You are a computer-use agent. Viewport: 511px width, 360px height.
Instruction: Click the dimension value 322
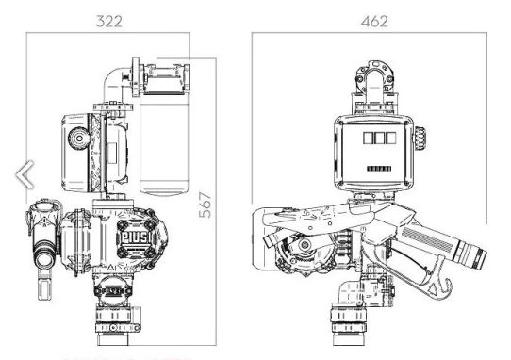[106, 20]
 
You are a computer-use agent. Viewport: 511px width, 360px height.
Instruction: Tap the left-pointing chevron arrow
[25, 173]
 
